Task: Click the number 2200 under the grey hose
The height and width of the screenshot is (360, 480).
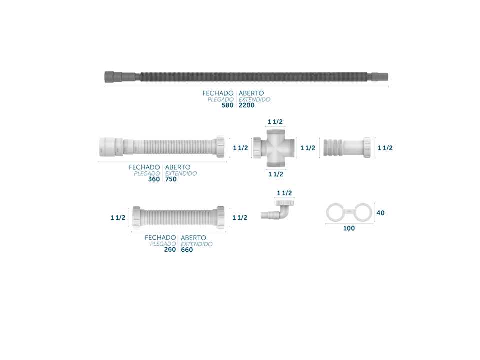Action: [x=246, y=105]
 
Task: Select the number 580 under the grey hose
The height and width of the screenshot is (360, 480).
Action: [x=228, y=105]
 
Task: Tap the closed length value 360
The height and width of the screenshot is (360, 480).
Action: [x=154, y=179]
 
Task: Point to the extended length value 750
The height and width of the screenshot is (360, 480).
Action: [x=171, y=179]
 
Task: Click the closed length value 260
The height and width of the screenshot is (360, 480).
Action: [x=170, y=250]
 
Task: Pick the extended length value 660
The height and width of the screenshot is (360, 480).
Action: [x=187, y=250]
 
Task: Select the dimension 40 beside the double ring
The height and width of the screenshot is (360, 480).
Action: [x=381, y=213]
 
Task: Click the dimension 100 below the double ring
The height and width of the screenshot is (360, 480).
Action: [x=349, y=228]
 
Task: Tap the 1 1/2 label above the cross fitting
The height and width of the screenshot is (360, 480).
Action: [x=275, y=122]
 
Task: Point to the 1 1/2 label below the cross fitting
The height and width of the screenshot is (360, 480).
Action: [x=276, y=174]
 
